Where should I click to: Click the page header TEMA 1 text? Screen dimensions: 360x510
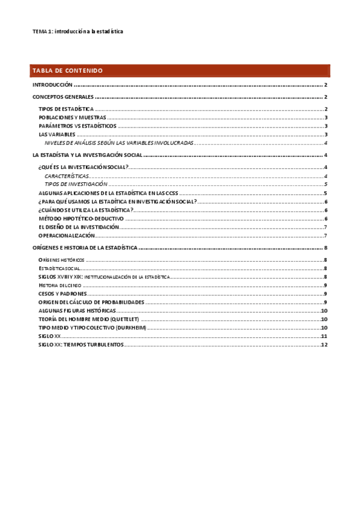78,31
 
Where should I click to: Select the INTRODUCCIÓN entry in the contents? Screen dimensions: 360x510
52,86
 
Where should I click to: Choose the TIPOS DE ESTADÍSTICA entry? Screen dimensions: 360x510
66,109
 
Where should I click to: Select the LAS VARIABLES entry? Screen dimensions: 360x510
59,135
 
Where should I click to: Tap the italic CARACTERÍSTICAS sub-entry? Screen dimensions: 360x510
67,176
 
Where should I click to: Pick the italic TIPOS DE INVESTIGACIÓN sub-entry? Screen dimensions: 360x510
76,184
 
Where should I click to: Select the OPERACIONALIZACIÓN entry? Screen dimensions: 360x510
69,236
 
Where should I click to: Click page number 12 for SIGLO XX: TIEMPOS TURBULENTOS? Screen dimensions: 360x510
323,345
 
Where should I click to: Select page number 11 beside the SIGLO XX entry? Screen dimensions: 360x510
323,337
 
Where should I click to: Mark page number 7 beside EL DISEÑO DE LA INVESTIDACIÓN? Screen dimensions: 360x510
325,227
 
